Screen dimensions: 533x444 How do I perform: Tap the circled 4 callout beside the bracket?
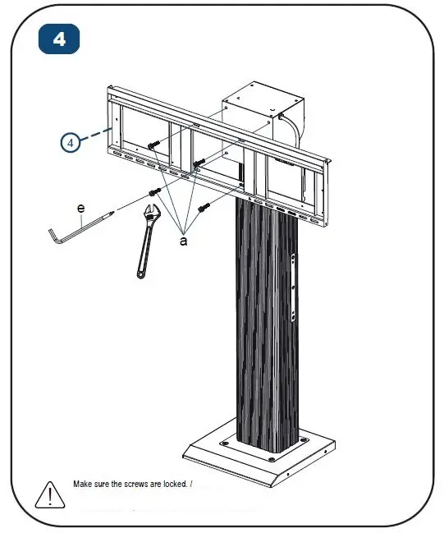pyautogui.click(x=71, y=142)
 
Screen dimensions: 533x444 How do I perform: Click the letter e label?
pyautogui.click(x=80, y=209)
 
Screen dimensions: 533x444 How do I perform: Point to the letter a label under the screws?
pyautogui.click(x=182, y=241)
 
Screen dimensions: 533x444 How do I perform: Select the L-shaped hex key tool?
pyautogui.click(x=74, y=228)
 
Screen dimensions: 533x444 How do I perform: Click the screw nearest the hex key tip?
pyautogui.click(x=153, y=192)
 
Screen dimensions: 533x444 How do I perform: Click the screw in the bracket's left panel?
pyautogui.click(x=153, y=145)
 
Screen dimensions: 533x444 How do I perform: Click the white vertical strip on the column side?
pyautogui.click(x=296, y=287)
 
